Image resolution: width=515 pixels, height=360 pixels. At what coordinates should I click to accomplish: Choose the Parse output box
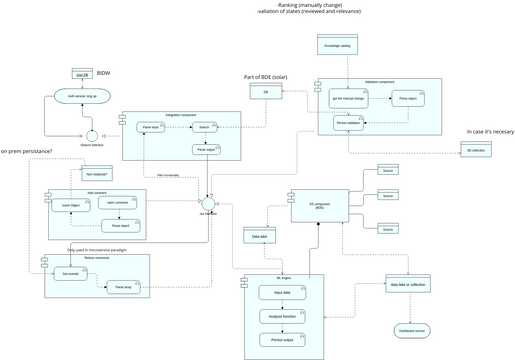pyautogui.click(x=206, y=149)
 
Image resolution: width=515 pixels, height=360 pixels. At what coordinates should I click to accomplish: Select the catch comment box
pyautogui.click(x=116, y=203)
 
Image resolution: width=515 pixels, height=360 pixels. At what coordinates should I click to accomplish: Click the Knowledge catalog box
pyautogui.click(x=337, y=46)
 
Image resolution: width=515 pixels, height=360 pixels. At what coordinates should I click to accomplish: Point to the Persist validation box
pyautogui.click(x=348, y=122)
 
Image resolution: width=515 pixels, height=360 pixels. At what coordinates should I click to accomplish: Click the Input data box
pyautogui.click(x=282, y=293)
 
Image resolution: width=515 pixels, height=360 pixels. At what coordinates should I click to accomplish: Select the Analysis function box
pyautogui.click(x=283, y=316)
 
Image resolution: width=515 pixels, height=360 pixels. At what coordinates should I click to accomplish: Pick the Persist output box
pyautogui.click(x=283, y=340)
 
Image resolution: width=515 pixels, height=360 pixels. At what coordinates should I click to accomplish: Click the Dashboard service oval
pyautogui.click(x=412, y=329)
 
